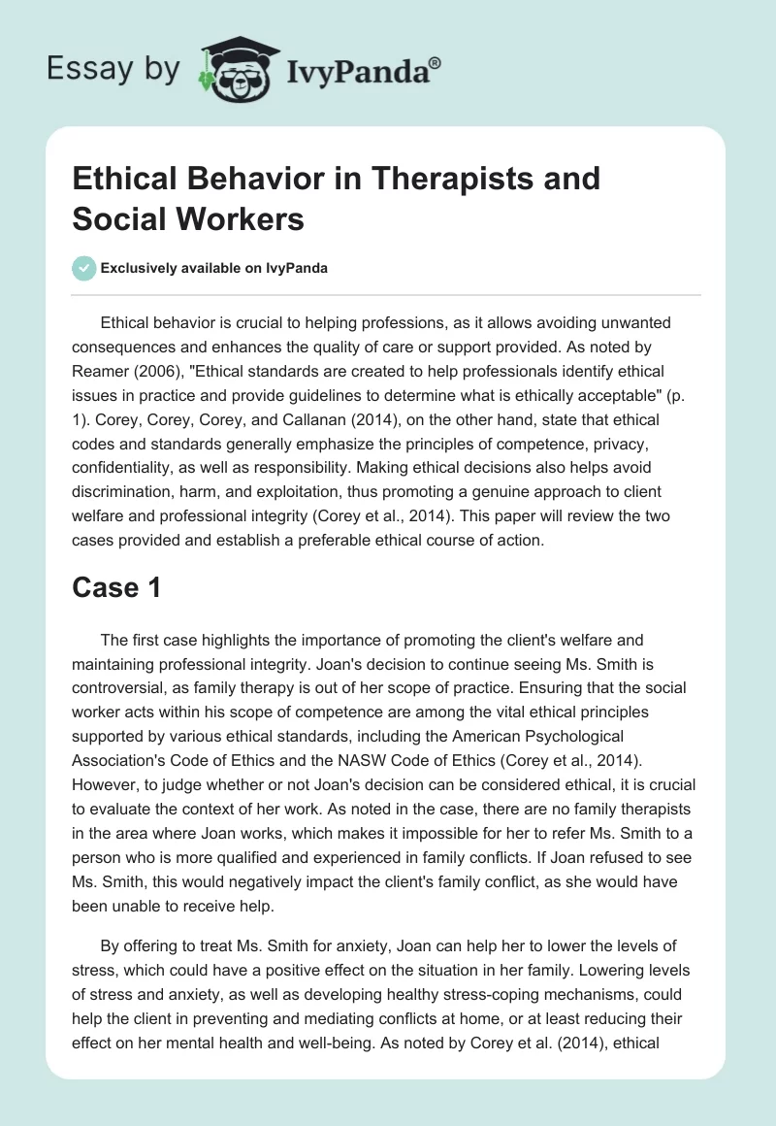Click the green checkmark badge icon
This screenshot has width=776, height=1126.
point(84,268)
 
